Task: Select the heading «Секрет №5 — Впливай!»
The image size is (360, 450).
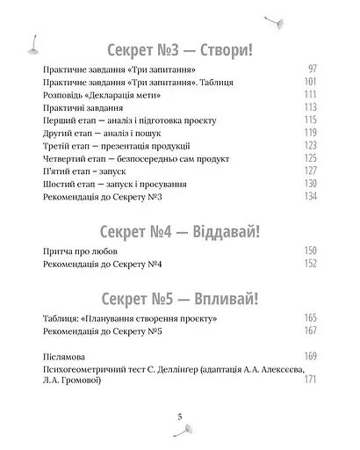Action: (179, 294)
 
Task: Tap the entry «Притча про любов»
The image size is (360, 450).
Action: (79, 253)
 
